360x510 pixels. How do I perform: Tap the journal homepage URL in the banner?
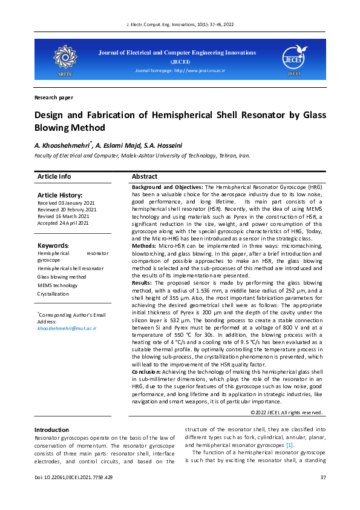[x=180, y=71]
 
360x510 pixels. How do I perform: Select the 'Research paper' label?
[x=54, y=97]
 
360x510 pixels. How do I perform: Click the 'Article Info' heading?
[x=54, y=176]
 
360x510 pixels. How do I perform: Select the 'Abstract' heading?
[x=144, y=176]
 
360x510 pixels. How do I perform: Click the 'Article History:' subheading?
[x=60, y=194]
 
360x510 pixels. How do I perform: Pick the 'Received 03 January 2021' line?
[x=66, y=202]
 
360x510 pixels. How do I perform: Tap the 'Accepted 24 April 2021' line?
[x=63, y=223]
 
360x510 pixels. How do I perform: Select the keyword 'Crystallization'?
[x=53, y=294]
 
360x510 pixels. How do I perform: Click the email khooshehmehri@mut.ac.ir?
[x=67, y=328]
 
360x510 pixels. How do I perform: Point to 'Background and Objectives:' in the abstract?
[x=168, y=188]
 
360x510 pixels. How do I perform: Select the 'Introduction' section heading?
[x=51, y=429]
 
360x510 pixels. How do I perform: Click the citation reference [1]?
[x=290, y=445]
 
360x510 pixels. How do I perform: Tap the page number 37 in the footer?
[x=322, y=478]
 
